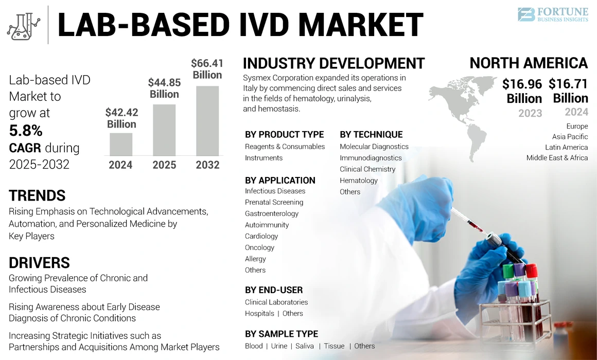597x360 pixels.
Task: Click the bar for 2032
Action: pyautogui.click(x=207, y=120)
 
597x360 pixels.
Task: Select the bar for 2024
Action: pyautogui.click(x=121, y=144)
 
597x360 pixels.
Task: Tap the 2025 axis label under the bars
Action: pyautogui.click(x=164, y=165)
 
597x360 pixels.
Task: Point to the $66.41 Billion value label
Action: pyautogui.click(x=207, y=69)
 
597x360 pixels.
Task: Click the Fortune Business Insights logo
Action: pyautogui.click(x=552, y=14)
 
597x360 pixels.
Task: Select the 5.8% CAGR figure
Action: pyautogui.click(x=26, y=131)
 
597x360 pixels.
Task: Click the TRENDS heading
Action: pyautogui.click(x=37, y=195)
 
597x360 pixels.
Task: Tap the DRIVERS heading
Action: pyautogui.click(x=39, y=263)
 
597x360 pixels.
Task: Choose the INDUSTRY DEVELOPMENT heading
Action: pyautogui.click(x=333, y=64)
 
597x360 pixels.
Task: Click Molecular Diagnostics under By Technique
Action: pyautogui.click(x=374, y=147)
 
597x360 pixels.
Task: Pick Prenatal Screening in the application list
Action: pyautogui.click(x=274, y=202)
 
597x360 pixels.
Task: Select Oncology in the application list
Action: pyautogui.click(x=259, y=247)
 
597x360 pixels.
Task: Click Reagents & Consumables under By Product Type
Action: pyautogui.click(x=285, y=147)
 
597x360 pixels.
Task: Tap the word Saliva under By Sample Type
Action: pyautogui.click(x=305, y=346)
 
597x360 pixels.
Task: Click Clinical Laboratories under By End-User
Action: pyautogui.click(x=276, y=302)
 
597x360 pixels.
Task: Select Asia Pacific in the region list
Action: pyautogui.click(x=570, y=137)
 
